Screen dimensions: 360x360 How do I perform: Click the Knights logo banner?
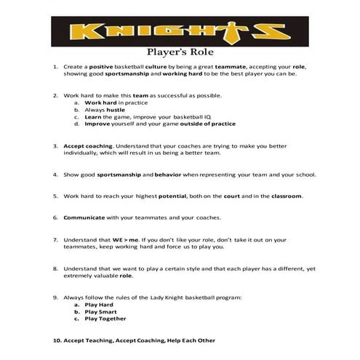pyautogui.click(x=180, y=32)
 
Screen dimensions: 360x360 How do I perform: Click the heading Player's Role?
pyautogui.click(x=179, y=52)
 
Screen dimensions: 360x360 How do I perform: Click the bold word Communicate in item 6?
pyautogui.click(x=84, y=217)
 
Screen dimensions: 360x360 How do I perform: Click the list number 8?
pyautogui.click(x=55, y=268)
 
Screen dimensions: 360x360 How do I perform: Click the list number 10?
pyautogui.click(x=56, y=340)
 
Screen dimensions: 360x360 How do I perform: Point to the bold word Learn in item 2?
pyautogui.click(x=92, y=117)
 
